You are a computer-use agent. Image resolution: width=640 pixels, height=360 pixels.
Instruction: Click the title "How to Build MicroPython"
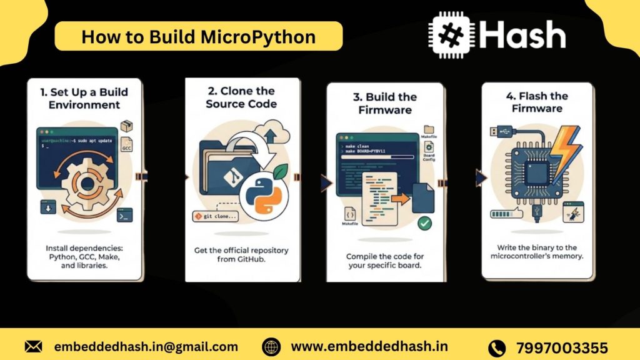pos(198,36)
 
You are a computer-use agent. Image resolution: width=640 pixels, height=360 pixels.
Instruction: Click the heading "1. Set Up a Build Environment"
pos(84,98)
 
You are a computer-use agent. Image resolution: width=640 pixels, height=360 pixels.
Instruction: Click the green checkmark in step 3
pos(425,222)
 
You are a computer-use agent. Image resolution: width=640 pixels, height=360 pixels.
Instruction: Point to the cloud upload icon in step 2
pos(272,133)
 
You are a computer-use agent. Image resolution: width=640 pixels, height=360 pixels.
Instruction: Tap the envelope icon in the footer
pos(34,346)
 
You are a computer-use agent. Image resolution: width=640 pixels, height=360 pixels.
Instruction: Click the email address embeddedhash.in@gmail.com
pos(146,346)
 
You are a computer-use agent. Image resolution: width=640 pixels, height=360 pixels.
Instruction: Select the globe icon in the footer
pos(271,346)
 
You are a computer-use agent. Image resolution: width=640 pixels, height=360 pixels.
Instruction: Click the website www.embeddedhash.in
pos(369,346)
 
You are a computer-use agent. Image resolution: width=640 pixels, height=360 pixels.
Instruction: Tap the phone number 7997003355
pos(562,347)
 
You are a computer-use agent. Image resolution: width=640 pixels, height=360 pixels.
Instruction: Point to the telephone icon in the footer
pos(496,347)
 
